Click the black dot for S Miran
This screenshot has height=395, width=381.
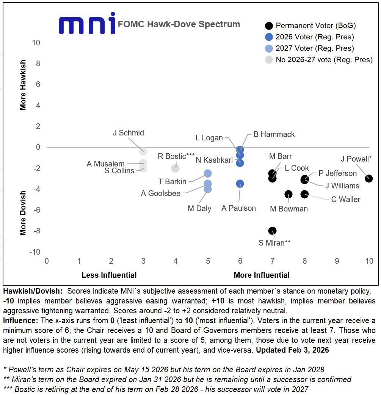pos(272,231)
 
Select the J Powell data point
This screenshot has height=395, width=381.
pos(369,179)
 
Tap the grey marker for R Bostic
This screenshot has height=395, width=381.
pos(175,168)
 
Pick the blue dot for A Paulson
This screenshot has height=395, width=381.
pos(240,184)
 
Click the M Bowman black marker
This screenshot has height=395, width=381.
pos(288,194)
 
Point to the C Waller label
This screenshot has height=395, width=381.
pos(345,199)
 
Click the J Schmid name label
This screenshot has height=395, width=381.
pos(129,133)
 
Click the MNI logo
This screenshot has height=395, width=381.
pos(87,24)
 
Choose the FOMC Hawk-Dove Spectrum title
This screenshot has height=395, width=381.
pos(179,24)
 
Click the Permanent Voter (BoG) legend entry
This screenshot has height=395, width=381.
pos(316,26)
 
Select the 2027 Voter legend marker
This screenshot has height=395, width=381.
pos(269,48)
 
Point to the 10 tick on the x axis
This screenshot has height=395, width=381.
pos(369,261)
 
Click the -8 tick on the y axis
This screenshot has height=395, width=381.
pos(36,231)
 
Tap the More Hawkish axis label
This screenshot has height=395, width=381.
pos(23,85)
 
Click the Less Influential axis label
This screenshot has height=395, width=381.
pos(109,275)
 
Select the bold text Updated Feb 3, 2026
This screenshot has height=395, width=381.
pos(292,350)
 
